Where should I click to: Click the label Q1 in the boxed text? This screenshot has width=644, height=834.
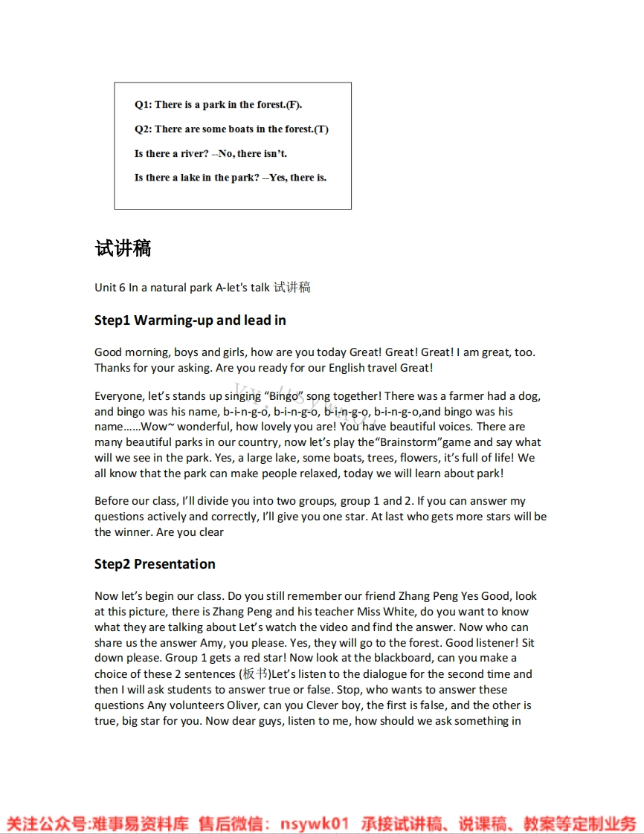click(142, 105)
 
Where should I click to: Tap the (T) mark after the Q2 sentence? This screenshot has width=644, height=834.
click(321, 129)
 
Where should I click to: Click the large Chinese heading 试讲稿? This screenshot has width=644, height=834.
click(123, 248)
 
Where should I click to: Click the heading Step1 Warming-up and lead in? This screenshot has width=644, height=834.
click(190, 320)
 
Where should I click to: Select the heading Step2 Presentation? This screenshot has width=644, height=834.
click(155, 564)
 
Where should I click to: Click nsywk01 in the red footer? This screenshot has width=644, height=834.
click(314, 824)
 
